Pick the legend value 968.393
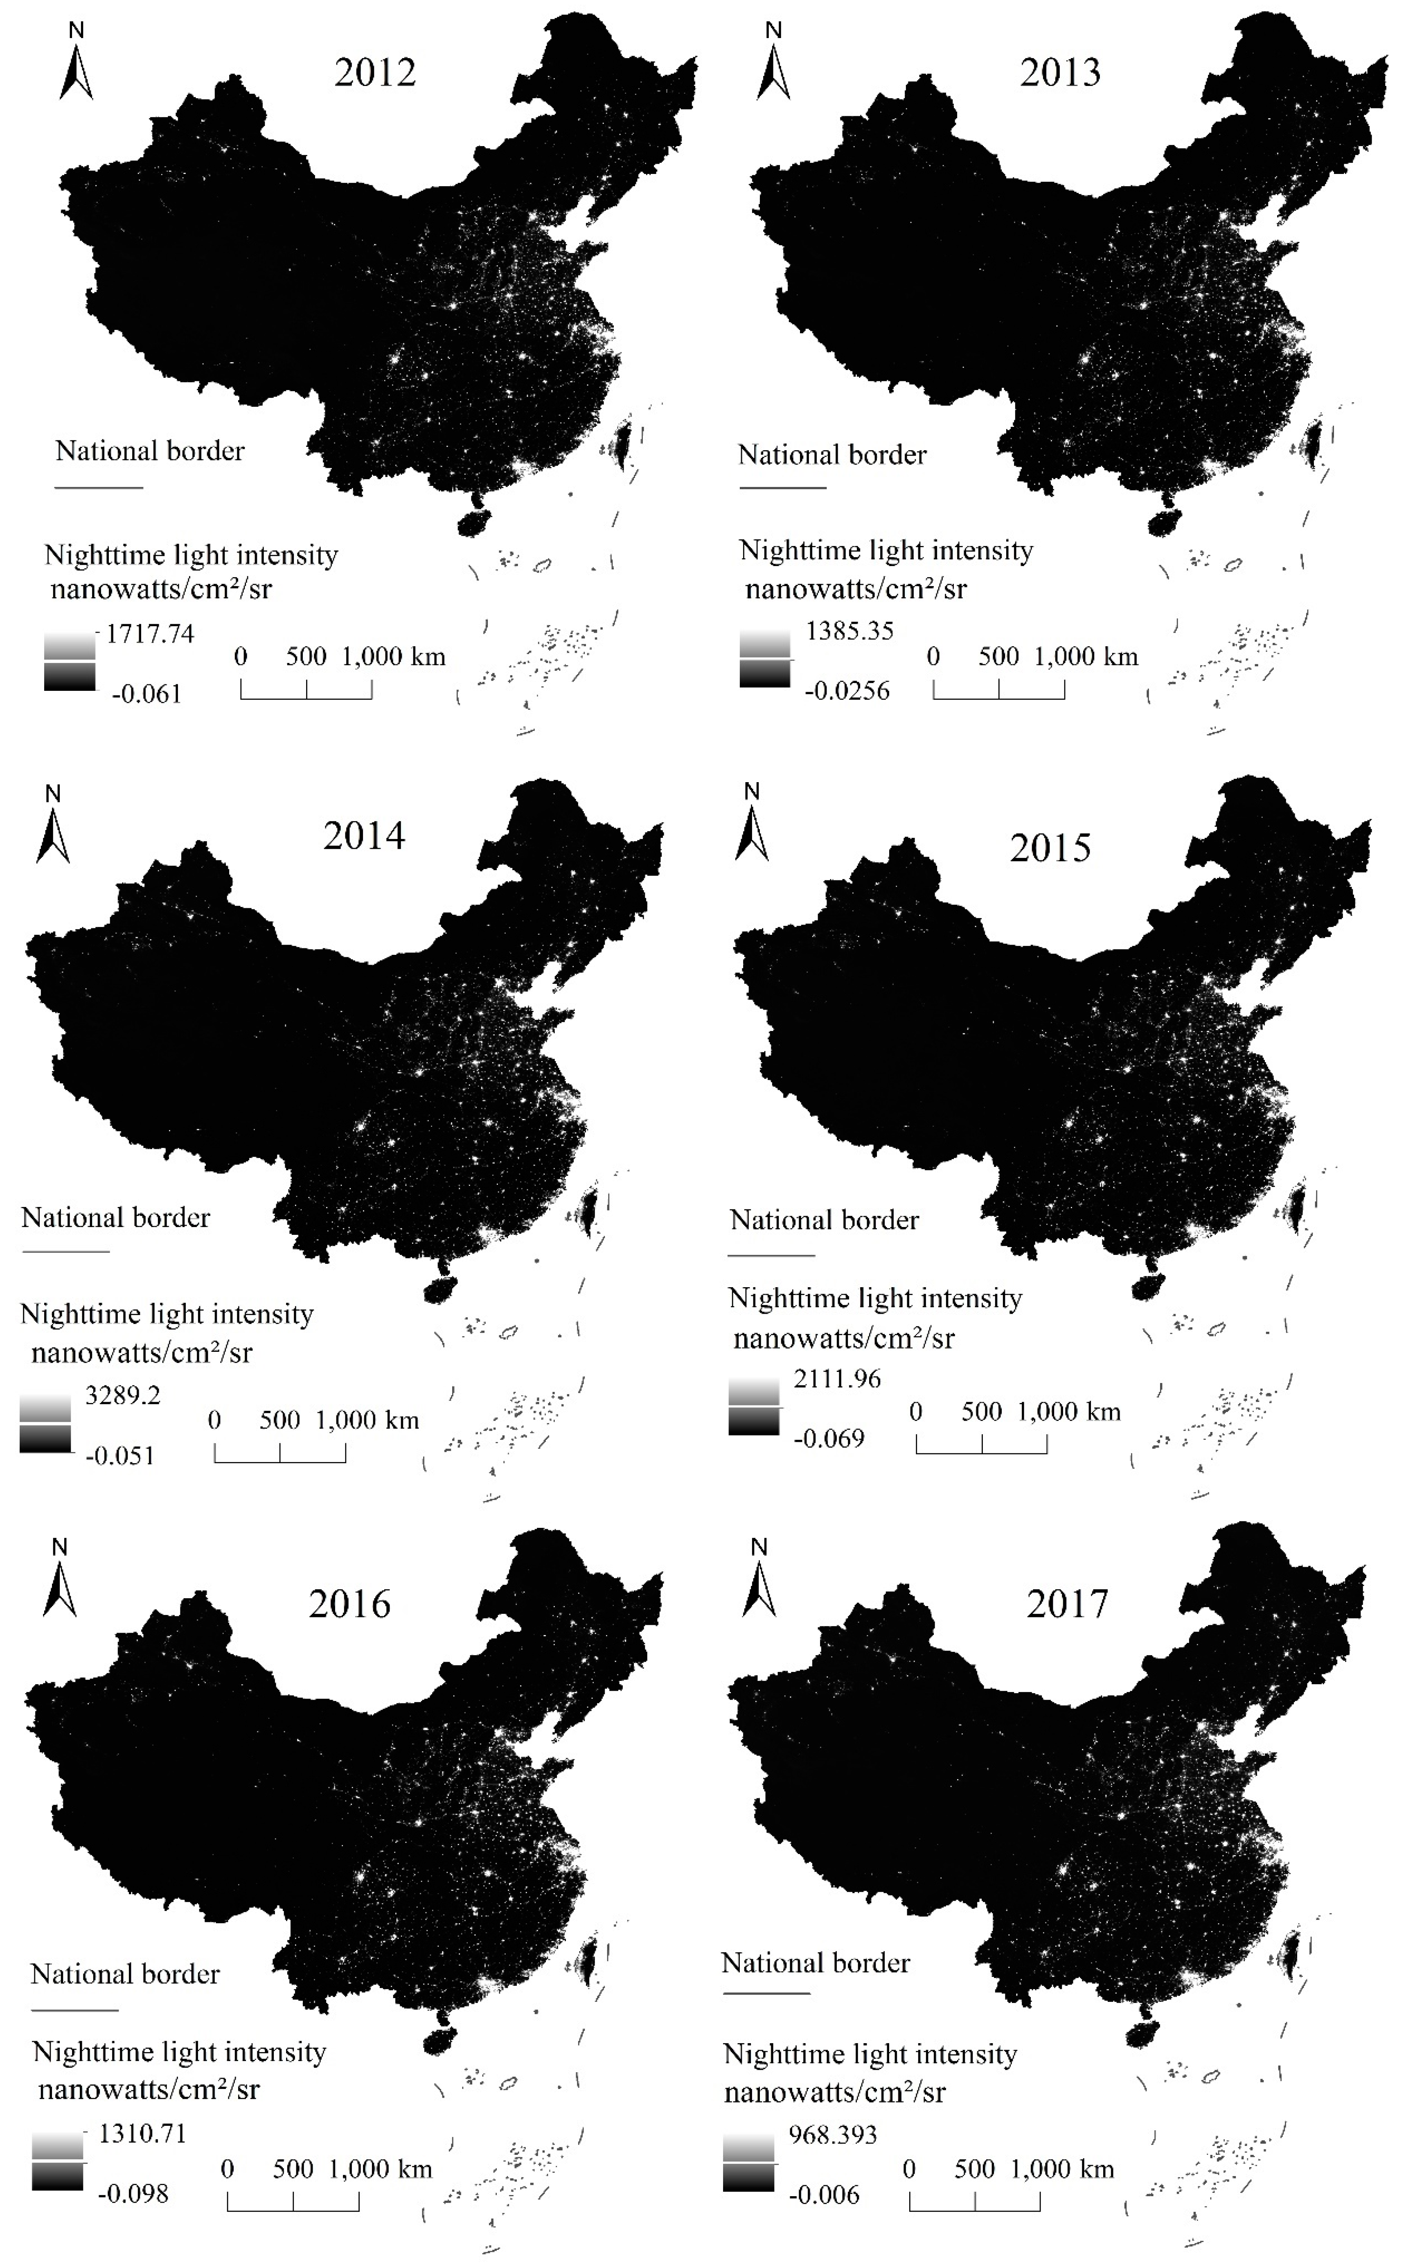click(832, 2134)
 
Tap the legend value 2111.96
click(837, 1378)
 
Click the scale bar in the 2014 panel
click(280, 1452)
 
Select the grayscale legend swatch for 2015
click(754, 1408)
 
